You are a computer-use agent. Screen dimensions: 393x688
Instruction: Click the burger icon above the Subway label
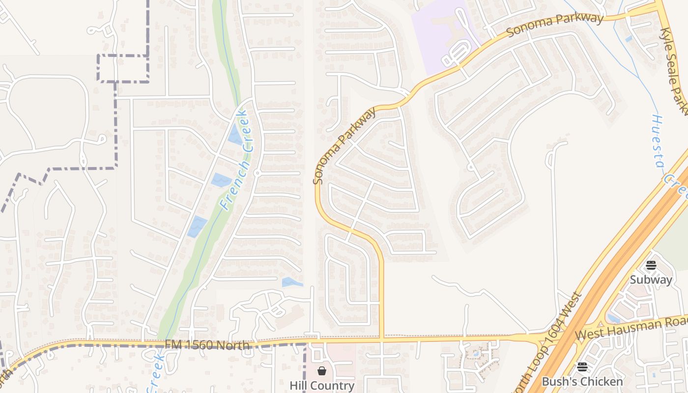click(x=651, y=266)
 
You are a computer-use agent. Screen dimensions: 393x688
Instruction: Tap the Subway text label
click(x=651, y=280)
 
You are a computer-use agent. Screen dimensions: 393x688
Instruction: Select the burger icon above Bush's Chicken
click(x=582, y=367)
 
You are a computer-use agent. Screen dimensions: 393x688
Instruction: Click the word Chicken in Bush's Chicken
click(x=602, y=382)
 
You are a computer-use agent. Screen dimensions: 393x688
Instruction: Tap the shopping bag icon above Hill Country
click(x=322, y=370)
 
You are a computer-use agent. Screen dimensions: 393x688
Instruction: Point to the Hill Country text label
click(x=322, y=386)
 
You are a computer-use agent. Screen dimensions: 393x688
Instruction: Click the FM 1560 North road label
click(x=207, y=345)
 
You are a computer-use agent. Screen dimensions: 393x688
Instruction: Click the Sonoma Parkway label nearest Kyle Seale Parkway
click(x=555, y=25)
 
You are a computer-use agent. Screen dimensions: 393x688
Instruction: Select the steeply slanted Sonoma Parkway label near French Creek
click(x=344, y=145)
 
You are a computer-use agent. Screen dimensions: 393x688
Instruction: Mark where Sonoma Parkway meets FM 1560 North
click(x=381, y=338)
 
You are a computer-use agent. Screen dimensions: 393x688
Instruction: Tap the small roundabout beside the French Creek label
click(x=257, y=173)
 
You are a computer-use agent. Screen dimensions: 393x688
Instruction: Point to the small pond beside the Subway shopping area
click(x=611, y=318)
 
